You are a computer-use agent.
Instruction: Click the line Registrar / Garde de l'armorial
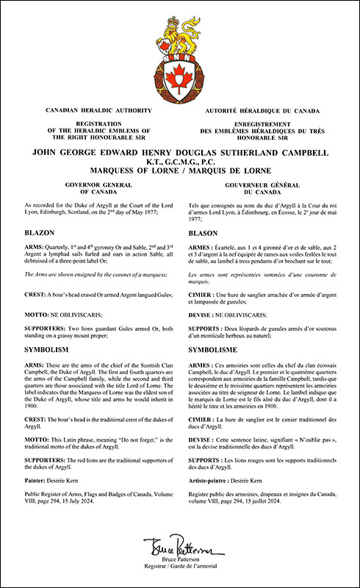pos(179,568)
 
